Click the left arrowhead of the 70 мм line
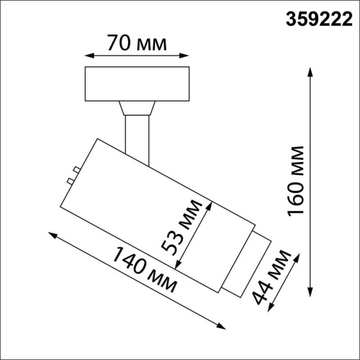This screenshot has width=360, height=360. pos(89,55)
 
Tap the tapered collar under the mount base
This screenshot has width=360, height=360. pos(137,107)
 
